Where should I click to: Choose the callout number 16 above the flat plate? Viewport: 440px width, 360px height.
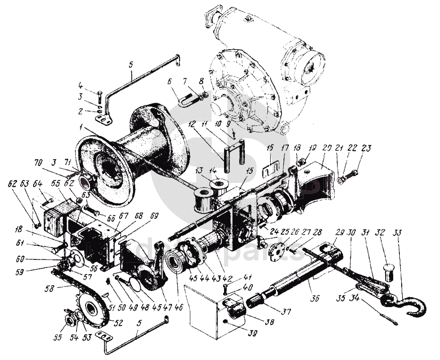[x=269, y=147]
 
